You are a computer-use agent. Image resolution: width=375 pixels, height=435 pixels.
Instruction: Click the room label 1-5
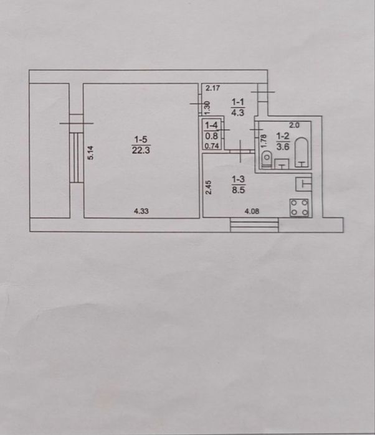click(141, 139)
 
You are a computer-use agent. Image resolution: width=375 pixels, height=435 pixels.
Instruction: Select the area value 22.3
click(141, 151)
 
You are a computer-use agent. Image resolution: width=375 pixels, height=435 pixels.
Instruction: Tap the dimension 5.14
click(91, 152)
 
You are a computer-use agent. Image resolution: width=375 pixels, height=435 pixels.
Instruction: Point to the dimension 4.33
click(141, 211)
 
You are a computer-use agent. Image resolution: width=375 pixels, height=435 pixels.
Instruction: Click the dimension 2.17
click(213, 88)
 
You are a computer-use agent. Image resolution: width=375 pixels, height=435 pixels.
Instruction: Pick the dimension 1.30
click(207, 108)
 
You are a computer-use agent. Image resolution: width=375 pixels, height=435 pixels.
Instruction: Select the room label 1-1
click(238, 102)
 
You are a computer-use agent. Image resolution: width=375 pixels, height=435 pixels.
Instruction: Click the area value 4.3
click(238, 113)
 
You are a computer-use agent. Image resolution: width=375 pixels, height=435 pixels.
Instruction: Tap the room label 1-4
click(211, 126)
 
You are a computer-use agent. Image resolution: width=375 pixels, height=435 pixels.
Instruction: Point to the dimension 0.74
click(212, 146)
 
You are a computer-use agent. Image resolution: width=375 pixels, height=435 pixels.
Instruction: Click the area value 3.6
click(283, 146)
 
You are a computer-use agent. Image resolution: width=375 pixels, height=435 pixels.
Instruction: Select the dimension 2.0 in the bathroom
click(295, 125)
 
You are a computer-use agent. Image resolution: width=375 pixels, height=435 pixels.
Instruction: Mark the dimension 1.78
click(264, 141)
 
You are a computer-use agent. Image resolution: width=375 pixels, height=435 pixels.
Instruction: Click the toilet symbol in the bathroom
click(267, 159)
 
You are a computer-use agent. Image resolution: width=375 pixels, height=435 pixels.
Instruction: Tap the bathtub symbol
click(302, 152)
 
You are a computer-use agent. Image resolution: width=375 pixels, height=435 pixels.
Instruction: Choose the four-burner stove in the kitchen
click(299, 207)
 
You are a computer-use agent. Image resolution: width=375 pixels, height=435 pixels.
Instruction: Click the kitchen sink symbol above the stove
click(303, 184)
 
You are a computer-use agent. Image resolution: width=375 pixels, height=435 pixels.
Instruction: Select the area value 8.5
click(239, 190)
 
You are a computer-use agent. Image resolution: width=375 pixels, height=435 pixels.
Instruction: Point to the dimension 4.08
click(252, 212)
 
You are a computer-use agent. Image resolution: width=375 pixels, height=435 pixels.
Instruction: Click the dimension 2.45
click(209, 187)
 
